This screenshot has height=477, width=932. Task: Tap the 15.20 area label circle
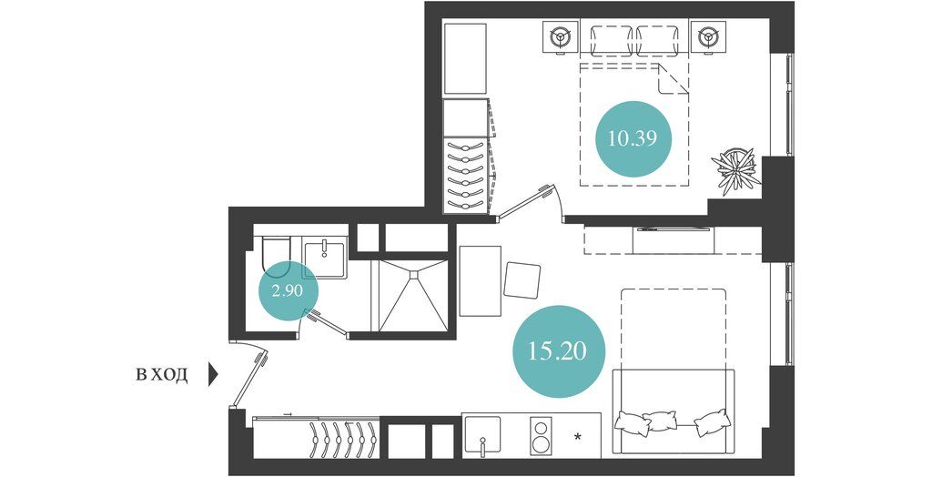[x=556, y=351]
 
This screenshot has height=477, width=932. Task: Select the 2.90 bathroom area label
[x=289, y=290]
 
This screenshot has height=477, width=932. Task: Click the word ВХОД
[x=162, y=375]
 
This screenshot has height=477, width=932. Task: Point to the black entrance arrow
[x=213, y=375]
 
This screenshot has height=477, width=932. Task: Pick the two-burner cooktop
[x=542, y=437]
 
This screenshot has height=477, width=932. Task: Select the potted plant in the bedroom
[x=736, y=171]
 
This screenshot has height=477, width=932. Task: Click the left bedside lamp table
[x=560, y=38]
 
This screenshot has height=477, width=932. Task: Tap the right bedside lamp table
[x=708, y=38]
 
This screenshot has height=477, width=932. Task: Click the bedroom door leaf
[x=522, y=203]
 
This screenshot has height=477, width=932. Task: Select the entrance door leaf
[x=249, y=381]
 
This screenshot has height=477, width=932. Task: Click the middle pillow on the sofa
[x=662, y=422]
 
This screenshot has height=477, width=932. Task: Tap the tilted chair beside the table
[x=522, y=279]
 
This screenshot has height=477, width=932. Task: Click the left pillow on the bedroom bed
[x=611, y=41]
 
